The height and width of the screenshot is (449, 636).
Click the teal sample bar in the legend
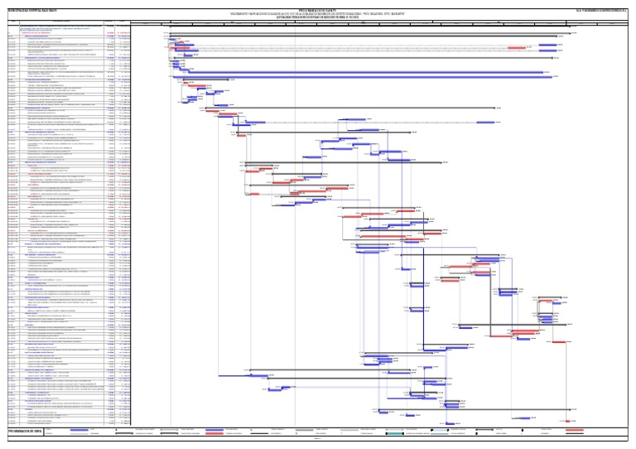click(x=397, y=432)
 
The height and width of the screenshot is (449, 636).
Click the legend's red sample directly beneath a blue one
click(x=219, y=432)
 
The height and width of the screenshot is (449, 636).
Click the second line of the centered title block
click(x=318, y=10)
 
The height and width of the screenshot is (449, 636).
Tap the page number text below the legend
click(x=318, y=439)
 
